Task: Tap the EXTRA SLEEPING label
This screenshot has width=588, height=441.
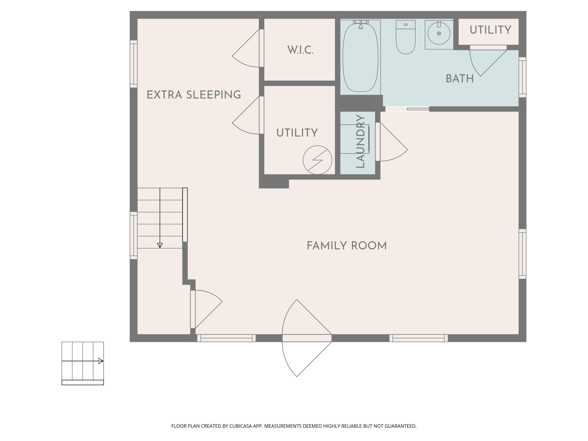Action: click(194, 95)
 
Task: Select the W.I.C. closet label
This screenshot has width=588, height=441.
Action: click(300, 50)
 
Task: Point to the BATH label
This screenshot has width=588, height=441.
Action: click(460, 79)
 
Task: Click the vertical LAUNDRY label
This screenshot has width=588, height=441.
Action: click(360, 142)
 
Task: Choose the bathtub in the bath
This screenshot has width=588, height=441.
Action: click(360, 57)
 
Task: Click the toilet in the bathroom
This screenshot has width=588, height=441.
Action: click(406, 37)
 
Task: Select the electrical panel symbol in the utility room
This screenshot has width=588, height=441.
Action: click(317, 160)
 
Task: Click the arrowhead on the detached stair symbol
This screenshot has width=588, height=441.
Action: click(101, 361)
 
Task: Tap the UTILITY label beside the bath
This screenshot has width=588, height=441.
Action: click(490, 30)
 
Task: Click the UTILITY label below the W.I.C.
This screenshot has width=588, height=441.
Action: click(297, 133)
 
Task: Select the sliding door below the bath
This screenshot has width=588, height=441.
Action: click(407, 109)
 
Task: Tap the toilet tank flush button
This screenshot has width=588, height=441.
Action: click(406, 24)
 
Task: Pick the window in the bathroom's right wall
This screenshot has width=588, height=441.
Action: click(522, 77)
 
